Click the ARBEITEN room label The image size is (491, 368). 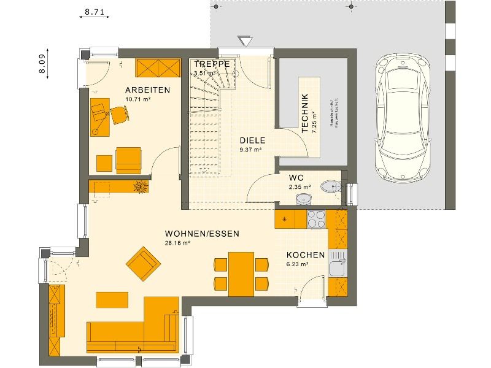click(147, 90)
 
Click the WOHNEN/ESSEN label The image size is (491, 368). click(201, 234)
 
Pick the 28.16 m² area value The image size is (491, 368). click(179, 243)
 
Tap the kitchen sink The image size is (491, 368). click(338, 268)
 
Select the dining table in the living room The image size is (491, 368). click(241, 273)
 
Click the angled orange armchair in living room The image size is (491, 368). click(144, 263)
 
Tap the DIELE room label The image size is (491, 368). click(252, 140)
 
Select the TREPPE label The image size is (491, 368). click(212, 64)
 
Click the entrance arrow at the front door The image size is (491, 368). click(244, 41)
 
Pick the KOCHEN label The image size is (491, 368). click(305, 255)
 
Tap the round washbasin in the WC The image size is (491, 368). click(303, 198)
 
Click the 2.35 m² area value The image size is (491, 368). click(300, 187)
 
